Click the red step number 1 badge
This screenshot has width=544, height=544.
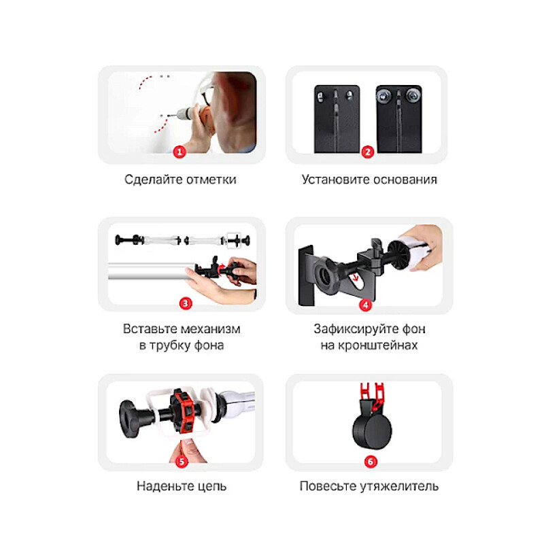click(180, 152)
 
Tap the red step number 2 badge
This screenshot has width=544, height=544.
click(367, 152)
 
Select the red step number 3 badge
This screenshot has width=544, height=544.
click(185, 303)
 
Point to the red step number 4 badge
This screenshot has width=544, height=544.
click(365, 305)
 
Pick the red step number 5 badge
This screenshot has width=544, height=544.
click(182, 462)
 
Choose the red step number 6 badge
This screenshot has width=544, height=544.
click(371, 462)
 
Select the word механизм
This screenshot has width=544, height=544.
click(211, 329)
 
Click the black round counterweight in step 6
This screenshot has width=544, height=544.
click(372, 430)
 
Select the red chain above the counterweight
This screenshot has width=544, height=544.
click(372, 396)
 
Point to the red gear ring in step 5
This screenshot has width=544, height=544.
click(184, 412)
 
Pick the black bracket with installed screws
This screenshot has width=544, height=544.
click(399, 118)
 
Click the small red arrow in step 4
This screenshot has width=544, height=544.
click(354, 277)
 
